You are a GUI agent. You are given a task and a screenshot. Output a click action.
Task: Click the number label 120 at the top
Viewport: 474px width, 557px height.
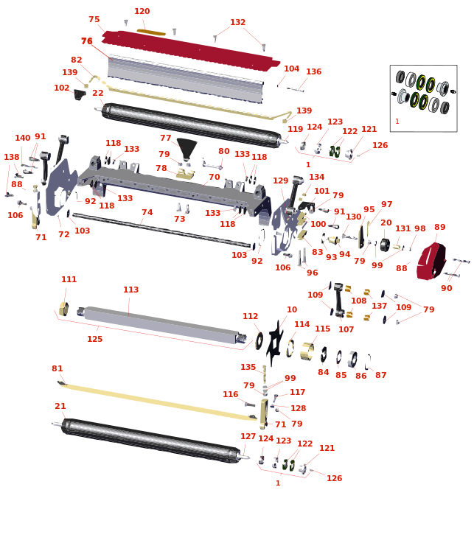(x=142, y=11)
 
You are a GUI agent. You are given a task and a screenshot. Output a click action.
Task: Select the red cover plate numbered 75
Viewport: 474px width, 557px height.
(x=191, y=50)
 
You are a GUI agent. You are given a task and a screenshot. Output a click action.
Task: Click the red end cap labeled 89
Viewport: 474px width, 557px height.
(x=431, y=261)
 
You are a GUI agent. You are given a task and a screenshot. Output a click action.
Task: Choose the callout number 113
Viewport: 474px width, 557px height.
(x=130, y=290)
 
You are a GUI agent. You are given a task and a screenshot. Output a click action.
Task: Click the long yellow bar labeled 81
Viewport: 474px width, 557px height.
(x=158, y=402)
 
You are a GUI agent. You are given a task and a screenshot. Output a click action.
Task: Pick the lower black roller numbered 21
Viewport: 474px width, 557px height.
(x=151, y=441)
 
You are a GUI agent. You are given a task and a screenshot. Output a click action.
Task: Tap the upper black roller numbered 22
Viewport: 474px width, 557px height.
(x=192, y=125)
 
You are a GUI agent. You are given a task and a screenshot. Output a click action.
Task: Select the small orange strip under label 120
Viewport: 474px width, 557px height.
(x=151, y=32)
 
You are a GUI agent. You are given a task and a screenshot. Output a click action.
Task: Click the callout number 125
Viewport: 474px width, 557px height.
(x=95, y=339)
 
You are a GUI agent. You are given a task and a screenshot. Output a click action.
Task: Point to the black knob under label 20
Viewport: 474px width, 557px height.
(x=385, y=245)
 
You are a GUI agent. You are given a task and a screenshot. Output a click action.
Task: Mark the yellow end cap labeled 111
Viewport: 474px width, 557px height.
(x=63, y=309)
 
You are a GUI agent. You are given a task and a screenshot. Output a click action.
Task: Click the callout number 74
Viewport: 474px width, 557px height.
(x=147, y=212)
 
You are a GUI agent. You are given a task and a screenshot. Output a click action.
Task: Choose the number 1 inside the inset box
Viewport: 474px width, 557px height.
(x=397, y=122)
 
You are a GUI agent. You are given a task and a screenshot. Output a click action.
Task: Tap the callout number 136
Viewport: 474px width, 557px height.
(x=314, y=71)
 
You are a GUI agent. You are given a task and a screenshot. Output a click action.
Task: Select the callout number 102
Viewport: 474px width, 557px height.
(x=61, y=88)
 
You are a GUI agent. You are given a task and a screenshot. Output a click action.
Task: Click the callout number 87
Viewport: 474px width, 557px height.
(x=380, y=375)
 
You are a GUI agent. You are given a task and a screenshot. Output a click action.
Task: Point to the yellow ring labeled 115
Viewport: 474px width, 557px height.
(x=307, y=351)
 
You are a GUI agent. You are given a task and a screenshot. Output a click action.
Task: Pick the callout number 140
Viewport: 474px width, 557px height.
(x=22, y=138)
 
